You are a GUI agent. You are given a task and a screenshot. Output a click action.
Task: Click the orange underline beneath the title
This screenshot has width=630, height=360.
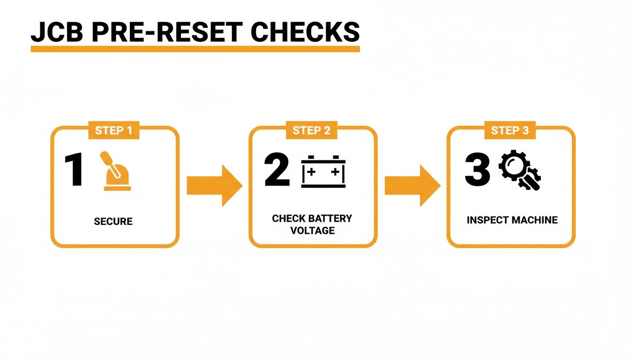(195, 49)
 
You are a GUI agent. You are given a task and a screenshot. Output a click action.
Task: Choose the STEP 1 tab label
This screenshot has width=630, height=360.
(114, 131)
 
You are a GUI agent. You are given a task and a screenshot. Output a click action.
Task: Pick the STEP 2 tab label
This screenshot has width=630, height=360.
(312, 131)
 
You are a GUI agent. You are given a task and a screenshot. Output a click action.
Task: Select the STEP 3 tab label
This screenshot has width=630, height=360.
(510, 131)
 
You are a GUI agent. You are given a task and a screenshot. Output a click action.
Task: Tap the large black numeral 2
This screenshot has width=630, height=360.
(277, 170)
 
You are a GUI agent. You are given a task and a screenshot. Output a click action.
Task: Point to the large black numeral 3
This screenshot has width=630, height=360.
(477, 170)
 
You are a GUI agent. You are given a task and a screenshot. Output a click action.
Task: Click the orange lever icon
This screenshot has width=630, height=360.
(116, 172)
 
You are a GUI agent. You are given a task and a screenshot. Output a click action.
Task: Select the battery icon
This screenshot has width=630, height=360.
(323, 172)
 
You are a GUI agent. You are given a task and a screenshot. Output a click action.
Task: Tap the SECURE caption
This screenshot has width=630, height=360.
(113, 221)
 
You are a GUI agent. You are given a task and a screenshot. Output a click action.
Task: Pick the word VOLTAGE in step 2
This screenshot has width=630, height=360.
(312, 231)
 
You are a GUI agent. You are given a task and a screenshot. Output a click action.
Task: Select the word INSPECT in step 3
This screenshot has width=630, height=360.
(487, 220)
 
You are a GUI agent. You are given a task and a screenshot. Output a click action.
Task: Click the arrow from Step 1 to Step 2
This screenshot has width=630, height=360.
(214, 186)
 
